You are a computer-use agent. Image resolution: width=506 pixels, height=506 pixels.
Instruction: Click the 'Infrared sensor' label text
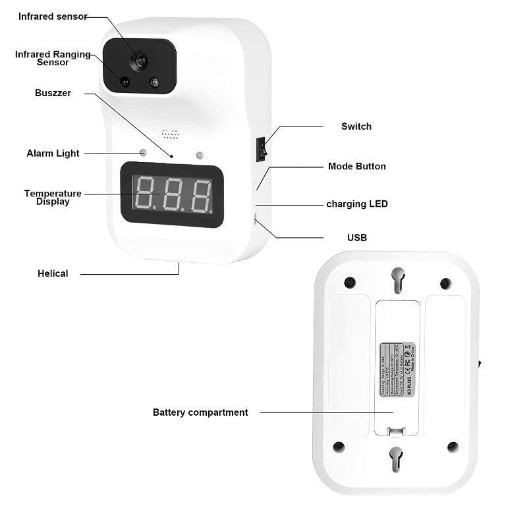click(x=53, y=16)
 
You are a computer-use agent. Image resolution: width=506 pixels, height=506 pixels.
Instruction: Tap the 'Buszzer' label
click(x=53, y=93)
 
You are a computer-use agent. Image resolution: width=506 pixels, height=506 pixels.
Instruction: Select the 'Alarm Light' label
click(x=53, y=154)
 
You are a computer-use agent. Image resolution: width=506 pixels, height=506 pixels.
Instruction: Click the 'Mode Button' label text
click(x=356, y=167)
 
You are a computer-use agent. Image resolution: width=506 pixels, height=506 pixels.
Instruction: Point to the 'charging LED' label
click(x=356, y=204)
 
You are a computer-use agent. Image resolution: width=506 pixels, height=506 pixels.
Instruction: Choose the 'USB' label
click(x=356, y=237)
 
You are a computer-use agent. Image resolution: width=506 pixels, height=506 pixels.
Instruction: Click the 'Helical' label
click(x=53, y=273)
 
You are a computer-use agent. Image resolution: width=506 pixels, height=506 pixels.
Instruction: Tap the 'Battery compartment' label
click(x=200, y=412)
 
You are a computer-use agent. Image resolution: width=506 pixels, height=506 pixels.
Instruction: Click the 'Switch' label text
click(x=356, y=126)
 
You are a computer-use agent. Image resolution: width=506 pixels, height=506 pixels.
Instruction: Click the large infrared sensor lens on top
click(x=139, y=61)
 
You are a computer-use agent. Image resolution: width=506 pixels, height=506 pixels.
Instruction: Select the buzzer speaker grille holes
click(x=171, y=134)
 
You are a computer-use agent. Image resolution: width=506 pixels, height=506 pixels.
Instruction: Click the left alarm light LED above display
click(x=142, y=154)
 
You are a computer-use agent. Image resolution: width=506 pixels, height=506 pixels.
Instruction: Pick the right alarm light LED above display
click(x=199, y=155)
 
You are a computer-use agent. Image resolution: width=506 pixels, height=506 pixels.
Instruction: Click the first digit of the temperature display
click(x=144, y=194)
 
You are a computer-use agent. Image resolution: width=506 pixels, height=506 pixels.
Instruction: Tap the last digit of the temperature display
click(x=201, y=196)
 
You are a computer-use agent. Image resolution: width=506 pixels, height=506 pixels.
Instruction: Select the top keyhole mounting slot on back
click(x=397, y=279)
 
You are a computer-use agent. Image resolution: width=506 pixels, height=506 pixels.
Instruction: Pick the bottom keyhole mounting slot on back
click(x=396, y=459)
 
